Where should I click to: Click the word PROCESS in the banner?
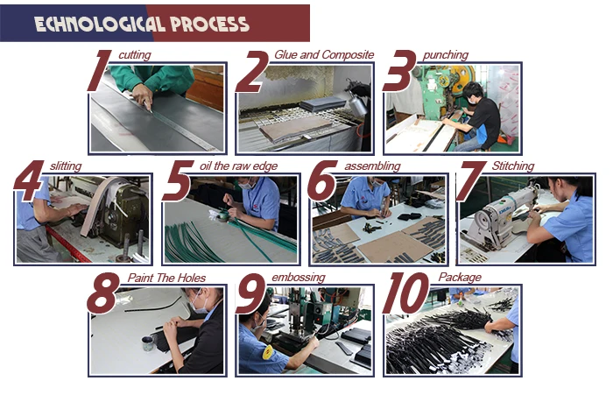point(209,25)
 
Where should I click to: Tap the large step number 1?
point(99,71)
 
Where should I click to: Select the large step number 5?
point(177,180)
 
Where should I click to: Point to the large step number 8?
point(102,293)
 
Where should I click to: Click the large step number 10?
point(405,293)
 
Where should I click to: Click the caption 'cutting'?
point(135,55)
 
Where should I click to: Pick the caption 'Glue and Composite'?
point(324,55)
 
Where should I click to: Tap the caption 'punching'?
point(445,55)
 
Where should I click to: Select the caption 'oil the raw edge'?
point(238,166)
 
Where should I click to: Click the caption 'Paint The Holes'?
point(166,278)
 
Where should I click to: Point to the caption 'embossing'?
point(299,278)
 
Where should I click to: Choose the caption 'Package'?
point(460,278)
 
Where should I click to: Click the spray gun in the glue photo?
point(356,99)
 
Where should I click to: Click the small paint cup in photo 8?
point(147,343)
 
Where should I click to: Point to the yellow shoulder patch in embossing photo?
point(268,352)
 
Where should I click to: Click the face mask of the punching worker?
point(472,100)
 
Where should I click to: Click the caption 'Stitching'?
point(513,166)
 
